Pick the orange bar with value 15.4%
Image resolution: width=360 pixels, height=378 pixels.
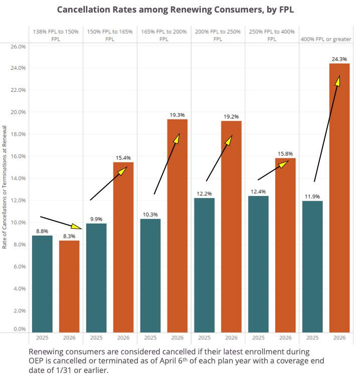tap(123, 246)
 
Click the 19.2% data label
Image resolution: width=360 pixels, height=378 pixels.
tap(231, 116)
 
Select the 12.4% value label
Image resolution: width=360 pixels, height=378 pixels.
tap(258, 192)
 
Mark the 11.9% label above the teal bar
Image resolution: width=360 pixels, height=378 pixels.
tap(312, 197)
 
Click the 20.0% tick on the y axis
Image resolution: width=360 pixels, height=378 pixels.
tap(19, 112)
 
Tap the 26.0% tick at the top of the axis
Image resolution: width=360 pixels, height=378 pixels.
tap(19, 46)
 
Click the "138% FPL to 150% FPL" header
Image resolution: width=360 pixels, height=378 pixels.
tap(56, 35)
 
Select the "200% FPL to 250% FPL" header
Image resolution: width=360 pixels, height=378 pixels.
tap(218, 35)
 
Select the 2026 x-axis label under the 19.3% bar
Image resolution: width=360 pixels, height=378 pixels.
tap(177, 338)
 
